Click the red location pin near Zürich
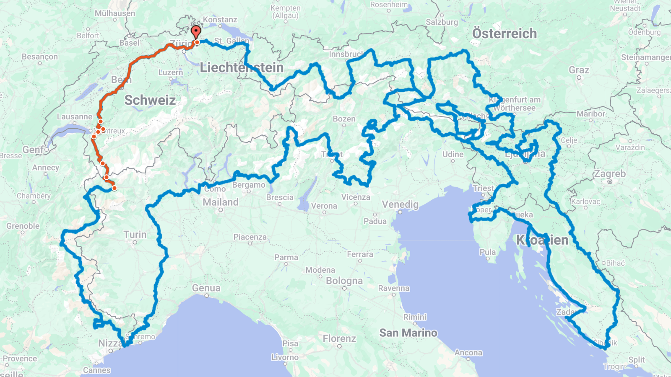pos(196,32)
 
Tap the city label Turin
pos(135,235)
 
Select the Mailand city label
pos(221,202)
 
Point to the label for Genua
pos(206,288)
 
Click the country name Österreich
pos(505,34)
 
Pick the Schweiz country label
pos(150,101)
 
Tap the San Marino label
pos(408,333)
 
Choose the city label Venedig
pos(400,204)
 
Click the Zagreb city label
pos(610,174)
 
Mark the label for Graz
pos(579,70)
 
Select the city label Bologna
pos(344,281)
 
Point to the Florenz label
pos(339,338)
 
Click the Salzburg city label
pos(442,22)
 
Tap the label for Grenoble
pos(23,226)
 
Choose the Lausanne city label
pos(75,117)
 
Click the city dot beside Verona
pos(324,212)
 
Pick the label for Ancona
pos(468,353)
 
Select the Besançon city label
pos(40,57)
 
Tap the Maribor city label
pos(591,114)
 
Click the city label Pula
pos(488,252)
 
